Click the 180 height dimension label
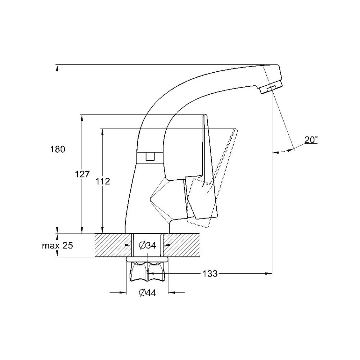pos(58,149)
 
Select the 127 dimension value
pos(82,174)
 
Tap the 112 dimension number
pos(103,181)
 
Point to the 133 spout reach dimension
pos(210,274)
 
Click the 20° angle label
pos(311,140)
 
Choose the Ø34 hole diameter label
pos(147,246)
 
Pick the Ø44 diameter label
pos(147,293)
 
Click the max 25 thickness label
pos(57,246)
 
